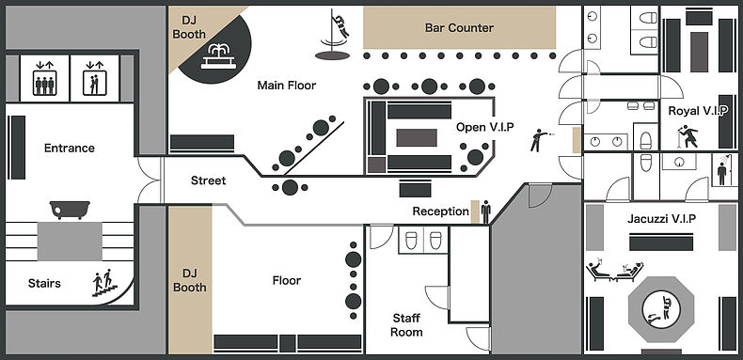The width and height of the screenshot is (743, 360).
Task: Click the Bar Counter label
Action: click(x=459, y=28)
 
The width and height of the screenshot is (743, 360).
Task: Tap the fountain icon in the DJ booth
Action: click(x=218, y=56)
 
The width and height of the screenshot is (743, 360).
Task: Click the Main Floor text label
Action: click(x=286, y=86)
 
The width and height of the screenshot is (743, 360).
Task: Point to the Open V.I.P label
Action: click(x=484, y=127)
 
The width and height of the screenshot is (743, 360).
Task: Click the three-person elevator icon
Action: click(x=44, y=78)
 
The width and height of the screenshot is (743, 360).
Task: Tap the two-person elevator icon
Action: click(x=94, y=78)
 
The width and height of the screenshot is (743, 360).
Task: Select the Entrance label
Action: click(x=70, y=149)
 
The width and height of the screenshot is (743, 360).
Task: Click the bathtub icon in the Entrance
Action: click(x=70, y=210)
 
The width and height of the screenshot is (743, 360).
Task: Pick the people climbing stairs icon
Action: click(x=104, y=283)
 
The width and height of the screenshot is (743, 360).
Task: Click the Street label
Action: click(x=209, y=180)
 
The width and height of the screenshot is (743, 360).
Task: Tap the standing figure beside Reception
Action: click(x=485, y=211)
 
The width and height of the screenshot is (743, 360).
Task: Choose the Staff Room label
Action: click(x=406, y=325)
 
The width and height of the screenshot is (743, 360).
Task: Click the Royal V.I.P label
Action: click(x=698, y=111)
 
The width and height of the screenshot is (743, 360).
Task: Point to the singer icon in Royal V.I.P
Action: click(x=688, y=136)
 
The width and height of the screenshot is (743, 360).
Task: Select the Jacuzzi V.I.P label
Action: click(x=661, y=219)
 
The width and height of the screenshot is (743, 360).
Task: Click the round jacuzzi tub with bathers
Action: click(x=661, y=310)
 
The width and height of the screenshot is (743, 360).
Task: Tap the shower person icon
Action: click(x=721, y=170)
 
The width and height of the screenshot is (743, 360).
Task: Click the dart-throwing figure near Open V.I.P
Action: click(x=540, y=140)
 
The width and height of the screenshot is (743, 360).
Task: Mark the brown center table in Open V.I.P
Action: click(x=417, y=138)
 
